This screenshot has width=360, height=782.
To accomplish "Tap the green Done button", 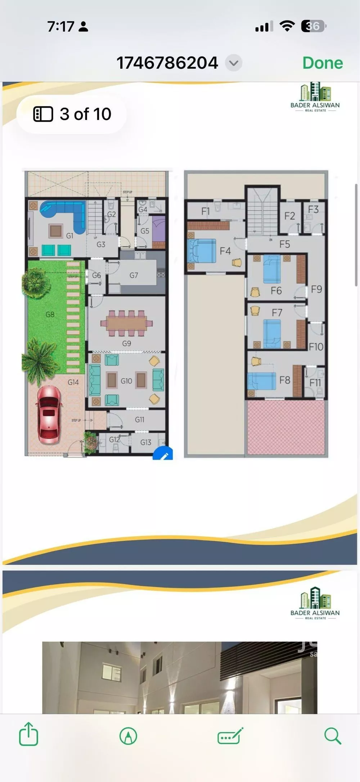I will click(323, 63).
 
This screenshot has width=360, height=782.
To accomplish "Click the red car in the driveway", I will click(49, 414).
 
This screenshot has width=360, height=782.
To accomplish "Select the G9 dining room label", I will click(126, 343).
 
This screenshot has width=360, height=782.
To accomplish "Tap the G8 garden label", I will click(50, 314).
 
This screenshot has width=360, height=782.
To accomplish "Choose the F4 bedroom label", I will click(225, 251).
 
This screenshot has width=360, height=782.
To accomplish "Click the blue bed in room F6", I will click(272, 269).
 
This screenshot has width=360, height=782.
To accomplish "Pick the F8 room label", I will click(285, 380).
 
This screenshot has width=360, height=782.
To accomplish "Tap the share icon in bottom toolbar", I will click(28, 733).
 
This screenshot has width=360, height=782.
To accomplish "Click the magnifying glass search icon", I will click(332, 735).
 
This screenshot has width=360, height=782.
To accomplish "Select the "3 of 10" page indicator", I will click(72, 114).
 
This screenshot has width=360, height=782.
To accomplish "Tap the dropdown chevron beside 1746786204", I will click(234, 63).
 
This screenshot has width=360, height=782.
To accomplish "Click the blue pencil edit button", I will click(164, 455).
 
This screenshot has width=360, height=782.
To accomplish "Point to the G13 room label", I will click(146, 442).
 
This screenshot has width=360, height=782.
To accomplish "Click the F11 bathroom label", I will click(315, 383).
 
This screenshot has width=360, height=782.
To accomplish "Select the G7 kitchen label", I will click(134, 275).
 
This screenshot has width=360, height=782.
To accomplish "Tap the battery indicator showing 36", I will click(314, 26).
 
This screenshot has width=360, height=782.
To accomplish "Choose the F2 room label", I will click(289, 216).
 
